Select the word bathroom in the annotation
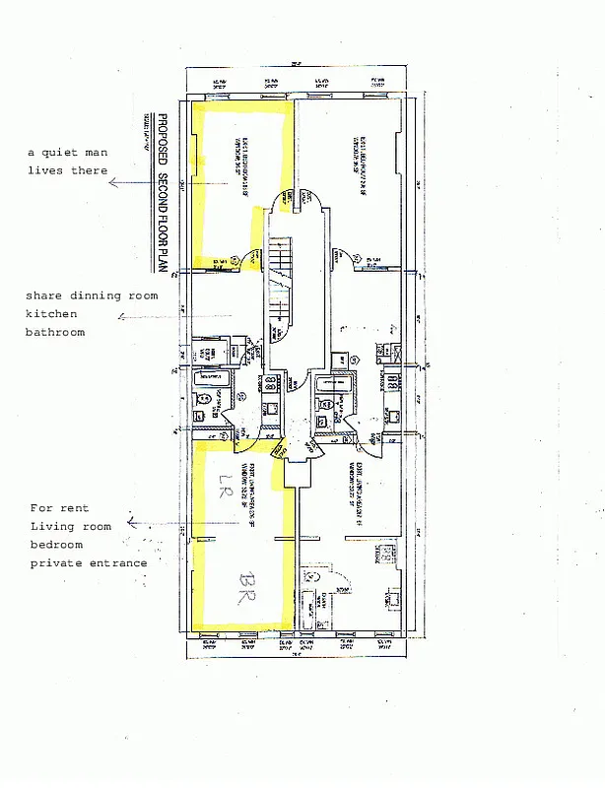(x=55, y=332)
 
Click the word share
(x=44, y=295)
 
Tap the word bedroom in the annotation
(x=56, y=545)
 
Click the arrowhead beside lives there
(x=112, y=183)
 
